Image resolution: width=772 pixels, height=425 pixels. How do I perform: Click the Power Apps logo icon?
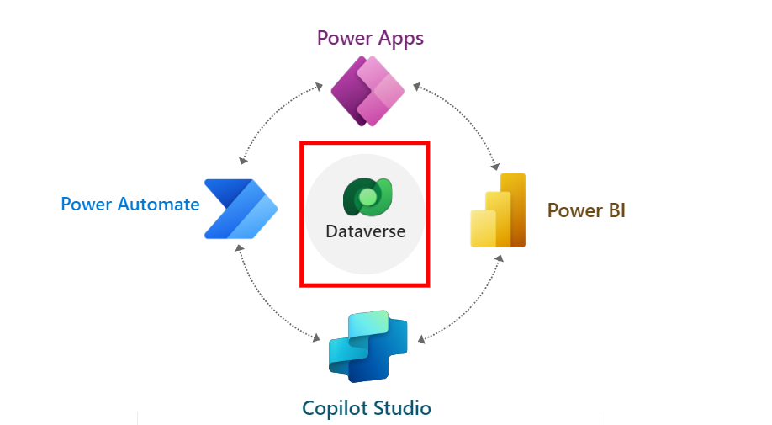(367, 90)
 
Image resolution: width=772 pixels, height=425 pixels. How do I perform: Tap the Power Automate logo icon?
(241, 209)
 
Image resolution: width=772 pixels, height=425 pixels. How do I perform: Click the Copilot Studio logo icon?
(367, 346)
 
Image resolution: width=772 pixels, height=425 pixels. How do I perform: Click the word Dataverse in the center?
(365, 231)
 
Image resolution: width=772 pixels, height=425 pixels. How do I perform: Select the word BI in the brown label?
(614, 210)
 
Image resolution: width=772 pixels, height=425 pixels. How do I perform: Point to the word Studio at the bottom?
(401, 409)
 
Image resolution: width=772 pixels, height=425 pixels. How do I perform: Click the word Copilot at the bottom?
(335, 409)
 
